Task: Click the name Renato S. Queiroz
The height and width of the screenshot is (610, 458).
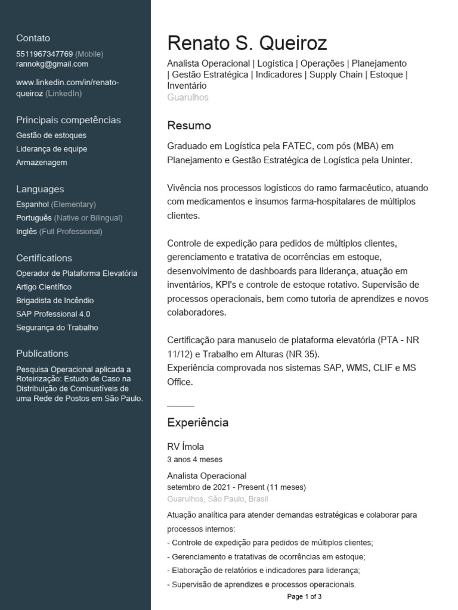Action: (247, 43)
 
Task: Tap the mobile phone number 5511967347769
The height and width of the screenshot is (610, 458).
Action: (44, 54)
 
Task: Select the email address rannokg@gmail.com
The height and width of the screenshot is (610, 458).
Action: (52, 64)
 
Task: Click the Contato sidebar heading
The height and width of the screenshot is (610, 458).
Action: (33, 38)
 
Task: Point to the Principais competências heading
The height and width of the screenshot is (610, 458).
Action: (68, 120)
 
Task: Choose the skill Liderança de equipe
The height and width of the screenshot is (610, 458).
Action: (51, 149)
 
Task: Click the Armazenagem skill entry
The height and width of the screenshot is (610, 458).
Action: (41, 163)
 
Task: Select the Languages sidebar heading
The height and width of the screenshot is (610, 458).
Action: (40, 189)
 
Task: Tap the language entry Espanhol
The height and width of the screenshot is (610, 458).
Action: (33, 204)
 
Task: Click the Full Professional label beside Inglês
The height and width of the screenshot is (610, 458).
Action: (70, 232)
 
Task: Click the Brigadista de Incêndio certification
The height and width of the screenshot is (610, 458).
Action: (55, 301)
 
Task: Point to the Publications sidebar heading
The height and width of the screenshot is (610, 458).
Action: (42, 353)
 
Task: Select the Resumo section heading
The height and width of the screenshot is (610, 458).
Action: (189, 126)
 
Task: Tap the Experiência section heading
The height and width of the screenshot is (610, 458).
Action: (197, 422)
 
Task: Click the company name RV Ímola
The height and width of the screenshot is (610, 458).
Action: (185, 446)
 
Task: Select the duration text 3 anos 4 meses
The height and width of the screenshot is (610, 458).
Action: (195, 460)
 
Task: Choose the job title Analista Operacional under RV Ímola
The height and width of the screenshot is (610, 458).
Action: (206, 475)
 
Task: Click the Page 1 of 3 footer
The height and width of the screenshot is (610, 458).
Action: (304, 596)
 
